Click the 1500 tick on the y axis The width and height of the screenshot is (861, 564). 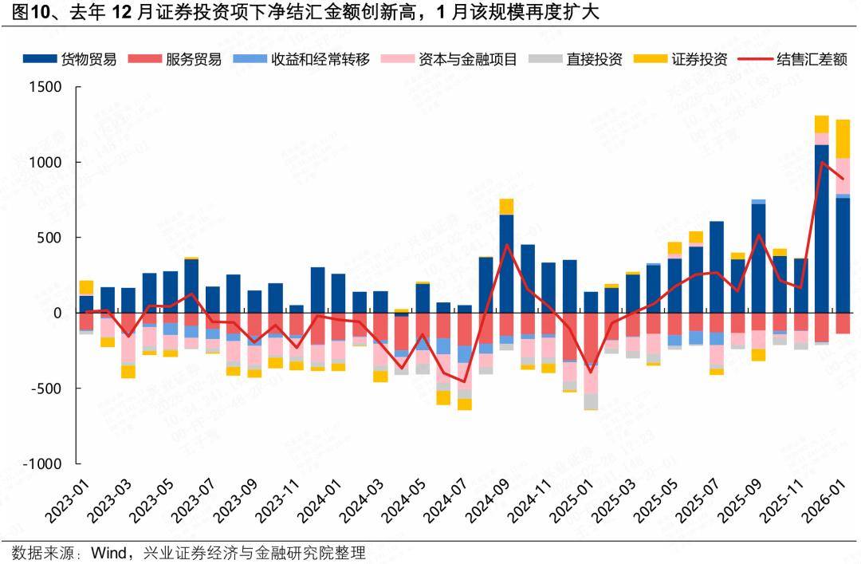(45, 87)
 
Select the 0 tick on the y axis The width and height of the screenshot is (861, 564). (57, 314)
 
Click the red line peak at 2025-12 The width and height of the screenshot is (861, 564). (822, 162)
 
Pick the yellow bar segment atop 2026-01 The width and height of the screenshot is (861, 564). (843, 139)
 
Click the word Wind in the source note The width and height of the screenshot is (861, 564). (109, 552)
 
